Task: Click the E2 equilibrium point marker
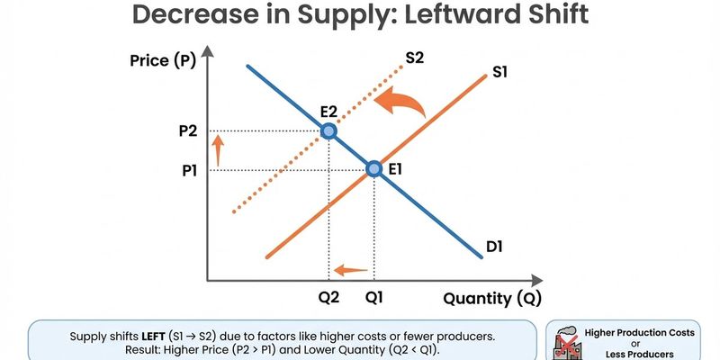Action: (x=328, y=131)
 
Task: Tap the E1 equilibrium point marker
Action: (x=374, y=168)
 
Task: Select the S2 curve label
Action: (x=415, y=58)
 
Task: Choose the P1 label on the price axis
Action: (x=189, y=168)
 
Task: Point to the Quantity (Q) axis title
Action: (x=491, y=298)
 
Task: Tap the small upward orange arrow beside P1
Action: (x=215, y=149)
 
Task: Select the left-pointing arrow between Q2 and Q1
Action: (x=351, y=269)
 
